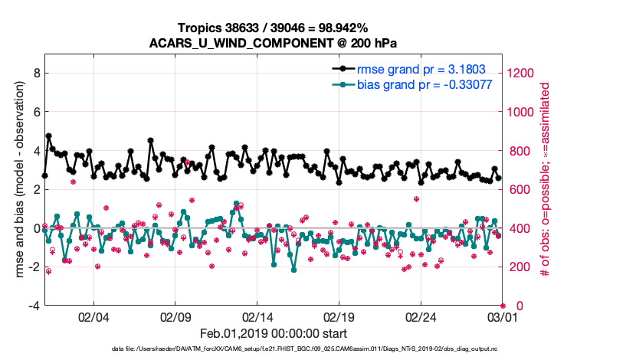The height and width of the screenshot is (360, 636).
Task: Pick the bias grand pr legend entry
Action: [x=424, y=83]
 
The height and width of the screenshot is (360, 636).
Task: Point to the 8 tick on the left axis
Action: [x=36, y=73]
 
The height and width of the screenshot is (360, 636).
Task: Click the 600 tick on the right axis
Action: [x=519, y=189]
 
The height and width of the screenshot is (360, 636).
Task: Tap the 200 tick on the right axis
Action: [x=519, y=267]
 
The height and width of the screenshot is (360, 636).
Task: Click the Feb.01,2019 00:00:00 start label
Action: [x=273, y=334]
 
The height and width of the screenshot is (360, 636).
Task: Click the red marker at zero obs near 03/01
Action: [x=503, y=306]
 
